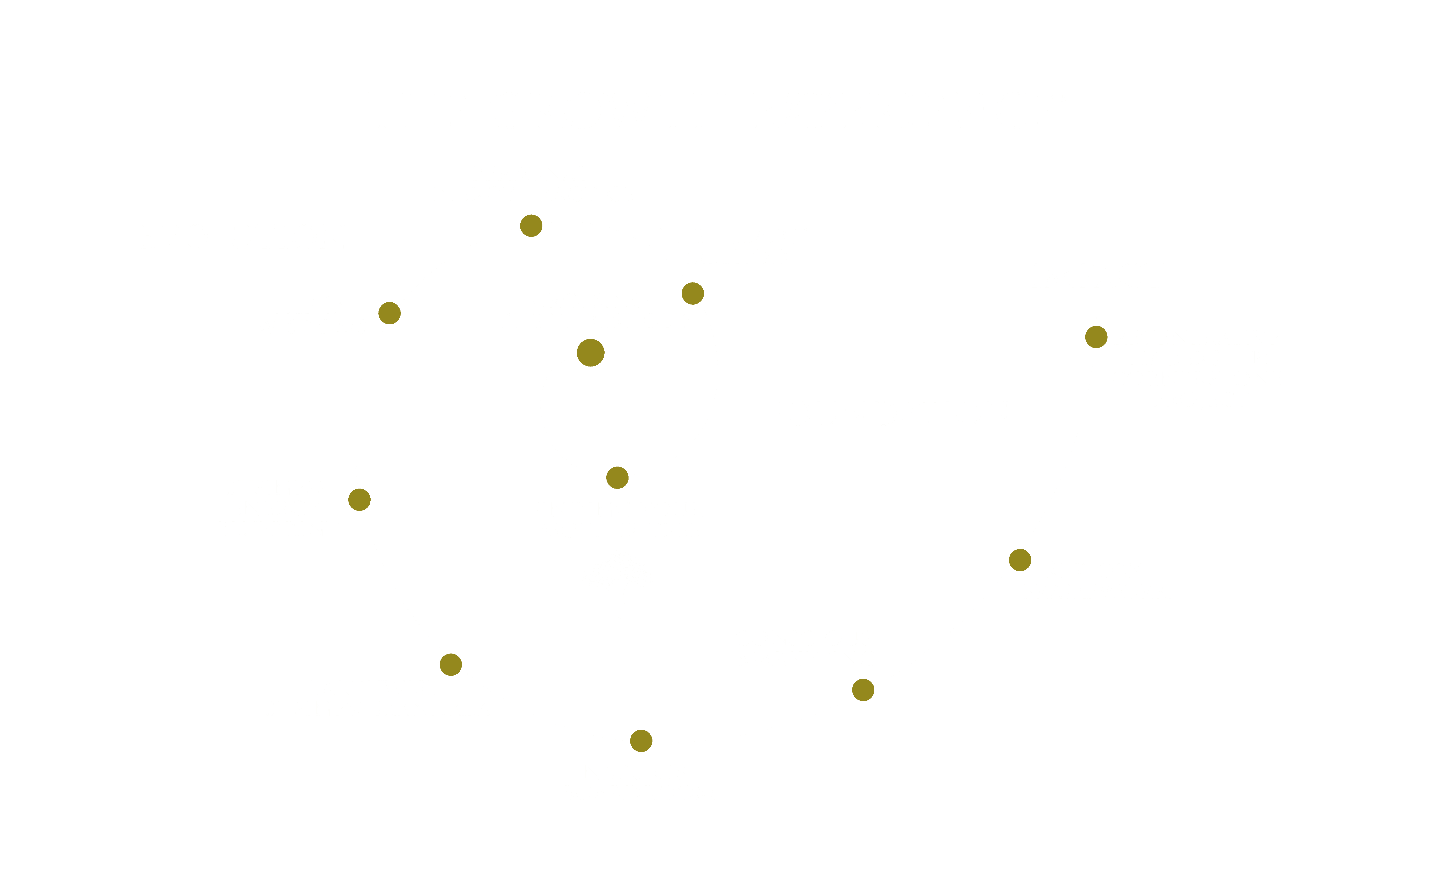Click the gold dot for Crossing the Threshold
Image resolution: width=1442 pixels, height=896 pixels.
pyautogui.click(x=590, y=353)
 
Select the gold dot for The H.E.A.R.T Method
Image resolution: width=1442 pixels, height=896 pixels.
pyautogui.click(x=692, y=293)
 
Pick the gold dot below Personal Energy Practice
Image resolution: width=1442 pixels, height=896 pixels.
pyautogui.click(x=531, y=226)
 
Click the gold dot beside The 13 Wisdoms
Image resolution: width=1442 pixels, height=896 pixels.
pyautogui.click(x=389, y=313)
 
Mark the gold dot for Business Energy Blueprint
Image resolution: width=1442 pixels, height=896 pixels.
pyautogui.click(x=359, y=500)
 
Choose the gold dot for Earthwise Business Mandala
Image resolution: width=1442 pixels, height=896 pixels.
pyautogui.click(x=451, y=664)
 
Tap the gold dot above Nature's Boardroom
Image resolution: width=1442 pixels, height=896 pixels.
pyautogui.click(x=641, y=741)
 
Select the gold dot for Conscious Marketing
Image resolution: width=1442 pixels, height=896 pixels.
pyautogui.click(x=863, y=690)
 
